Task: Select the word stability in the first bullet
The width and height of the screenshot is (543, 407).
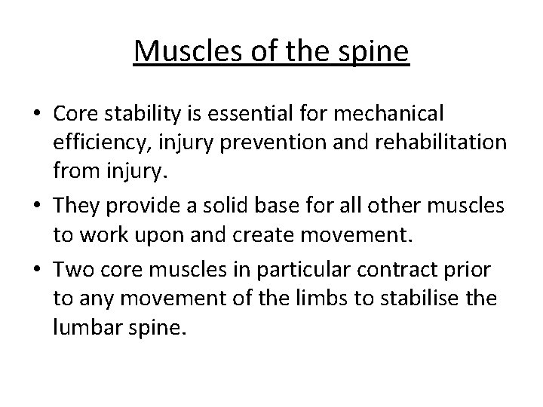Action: pos(135,114)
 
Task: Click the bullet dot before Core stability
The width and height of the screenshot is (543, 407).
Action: pos(36,115)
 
